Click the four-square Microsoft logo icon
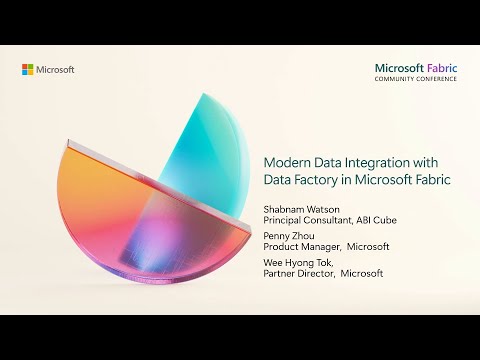[x=28, y=69]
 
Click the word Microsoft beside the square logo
[x=55, y=69]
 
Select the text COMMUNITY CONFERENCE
[x=416, y=80]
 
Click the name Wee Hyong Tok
[x=298, y=261]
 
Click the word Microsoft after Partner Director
[x=363, y=273]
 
